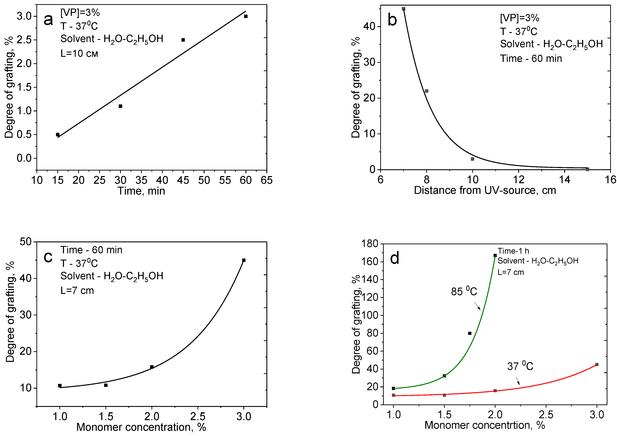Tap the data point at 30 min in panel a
[120, 106]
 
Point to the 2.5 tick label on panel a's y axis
[24, 40]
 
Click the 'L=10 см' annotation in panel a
[79, 54]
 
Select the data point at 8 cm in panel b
[426, 91]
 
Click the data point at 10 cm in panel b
[472, 159]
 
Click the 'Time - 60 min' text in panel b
[531, 59]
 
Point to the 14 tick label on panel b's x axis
[565, 179]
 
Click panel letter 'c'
[48, 257]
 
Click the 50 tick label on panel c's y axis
[26, 241]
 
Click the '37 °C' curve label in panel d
[520, 366]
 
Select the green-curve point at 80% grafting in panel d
[470, 333]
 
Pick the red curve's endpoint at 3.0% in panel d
[597, 365]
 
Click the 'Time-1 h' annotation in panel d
[513, 251]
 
